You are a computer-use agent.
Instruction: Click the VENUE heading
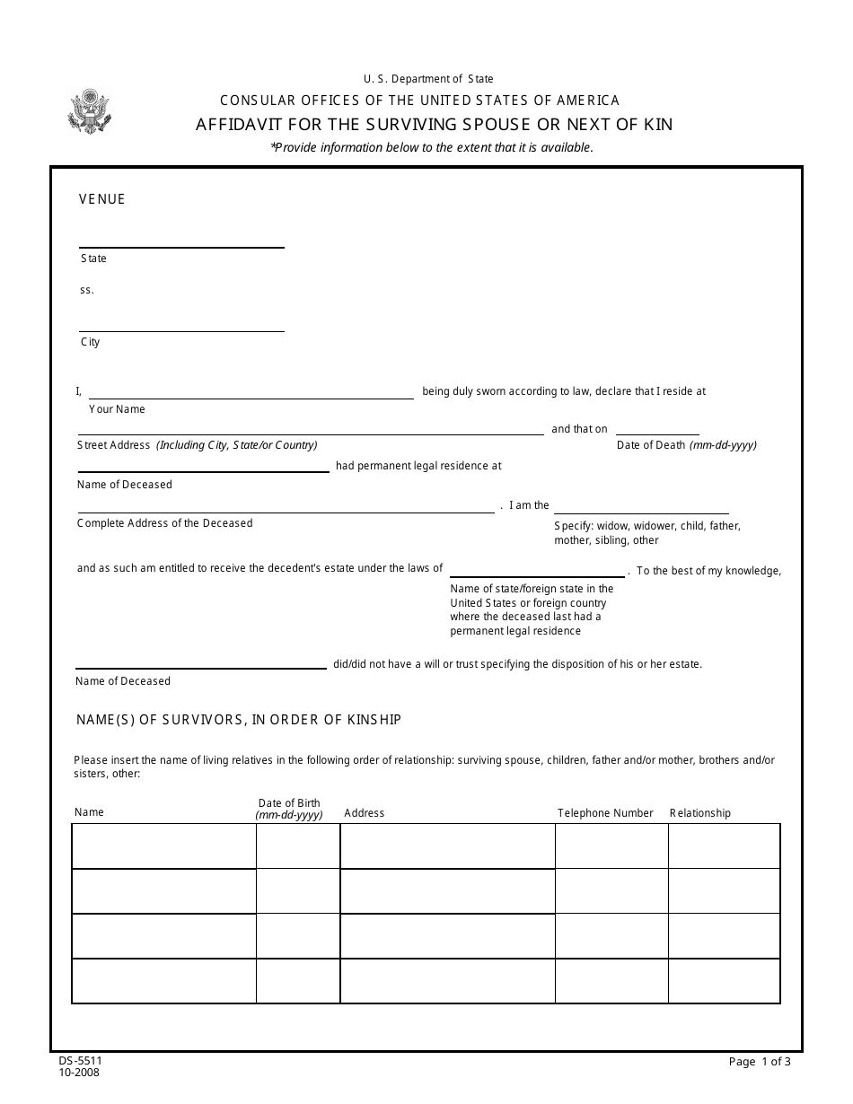point(102,199)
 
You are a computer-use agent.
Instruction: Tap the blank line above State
point(181,246)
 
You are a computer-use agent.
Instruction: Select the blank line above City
point(181,329)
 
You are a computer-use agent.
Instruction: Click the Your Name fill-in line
point(251,397)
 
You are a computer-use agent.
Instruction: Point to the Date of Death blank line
point(657,434)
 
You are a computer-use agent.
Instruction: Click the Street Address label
point(114,445)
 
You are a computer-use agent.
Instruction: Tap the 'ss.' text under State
point(86,290)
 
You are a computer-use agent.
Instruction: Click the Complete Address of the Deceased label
point(165,523)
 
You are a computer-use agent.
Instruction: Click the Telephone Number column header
point(605,813)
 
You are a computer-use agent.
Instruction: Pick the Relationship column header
point(700,813)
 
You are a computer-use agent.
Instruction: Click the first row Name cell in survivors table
point(163,846)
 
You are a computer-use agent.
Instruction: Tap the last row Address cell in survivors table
point(447,981)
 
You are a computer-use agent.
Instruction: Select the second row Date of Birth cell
point(298,891)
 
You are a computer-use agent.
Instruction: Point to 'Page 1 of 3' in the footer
point(760,1063)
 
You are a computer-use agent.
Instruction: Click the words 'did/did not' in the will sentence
point(358,665)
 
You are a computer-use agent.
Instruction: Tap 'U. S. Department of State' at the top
point(428,79)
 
